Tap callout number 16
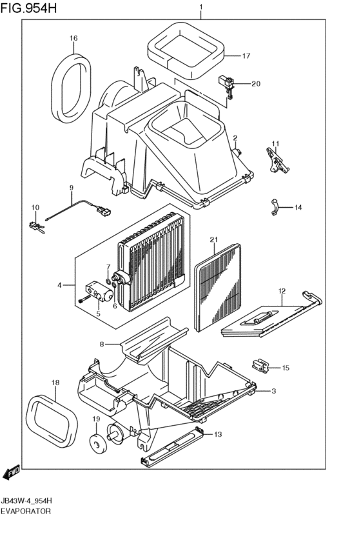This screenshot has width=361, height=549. (73, 38)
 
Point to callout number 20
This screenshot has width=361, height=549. (256, 83)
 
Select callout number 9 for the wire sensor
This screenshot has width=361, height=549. (72, 188)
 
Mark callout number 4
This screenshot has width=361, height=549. (59, 284)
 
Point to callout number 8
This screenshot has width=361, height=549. (102, 344)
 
